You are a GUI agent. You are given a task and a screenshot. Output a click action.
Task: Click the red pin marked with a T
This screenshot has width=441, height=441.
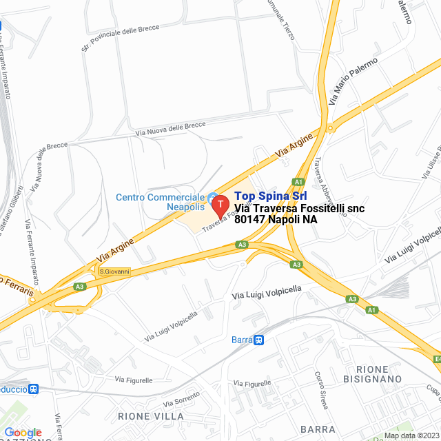click(x=220, y=205)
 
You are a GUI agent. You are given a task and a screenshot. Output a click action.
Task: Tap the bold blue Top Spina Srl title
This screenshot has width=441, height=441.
click(x=271, y=196)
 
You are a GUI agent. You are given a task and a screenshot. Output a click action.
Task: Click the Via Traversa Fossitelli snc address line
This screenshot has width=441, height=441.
click(x=299, y=208)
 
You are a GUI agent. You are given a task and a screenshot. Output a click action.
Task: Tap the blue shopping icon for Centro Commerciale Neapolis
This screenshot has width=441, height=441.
click(x=213, y=198)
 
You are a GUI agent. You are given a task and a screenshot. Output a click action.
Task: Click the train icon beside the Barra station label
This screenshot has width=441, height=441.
click(x=258, y=339)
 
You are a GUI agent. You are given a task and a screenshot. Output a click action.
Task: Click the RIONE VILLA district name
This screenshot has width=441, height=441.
click(x=151, y=416)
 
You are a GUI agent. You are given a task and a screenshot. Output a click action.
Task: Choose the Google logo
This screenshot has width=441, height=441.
click(x=23, y=432)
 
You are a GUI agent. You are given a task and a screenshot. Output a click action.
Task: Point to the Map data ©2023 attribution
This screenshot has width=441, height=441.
click(x=411, y=435)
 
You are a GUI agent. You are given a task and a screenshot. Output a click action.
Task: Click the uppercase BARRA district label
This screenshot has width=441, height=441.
click(x=318, y=429)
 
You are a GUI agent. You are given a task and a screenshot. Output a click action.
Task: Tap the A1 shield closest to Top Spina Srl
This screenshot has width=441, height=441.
click(x=298, y=182)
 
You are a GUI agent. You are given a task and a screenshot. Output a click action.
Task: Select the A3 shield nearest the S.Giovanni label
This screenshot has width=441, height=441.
click(x=80, y=287)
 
